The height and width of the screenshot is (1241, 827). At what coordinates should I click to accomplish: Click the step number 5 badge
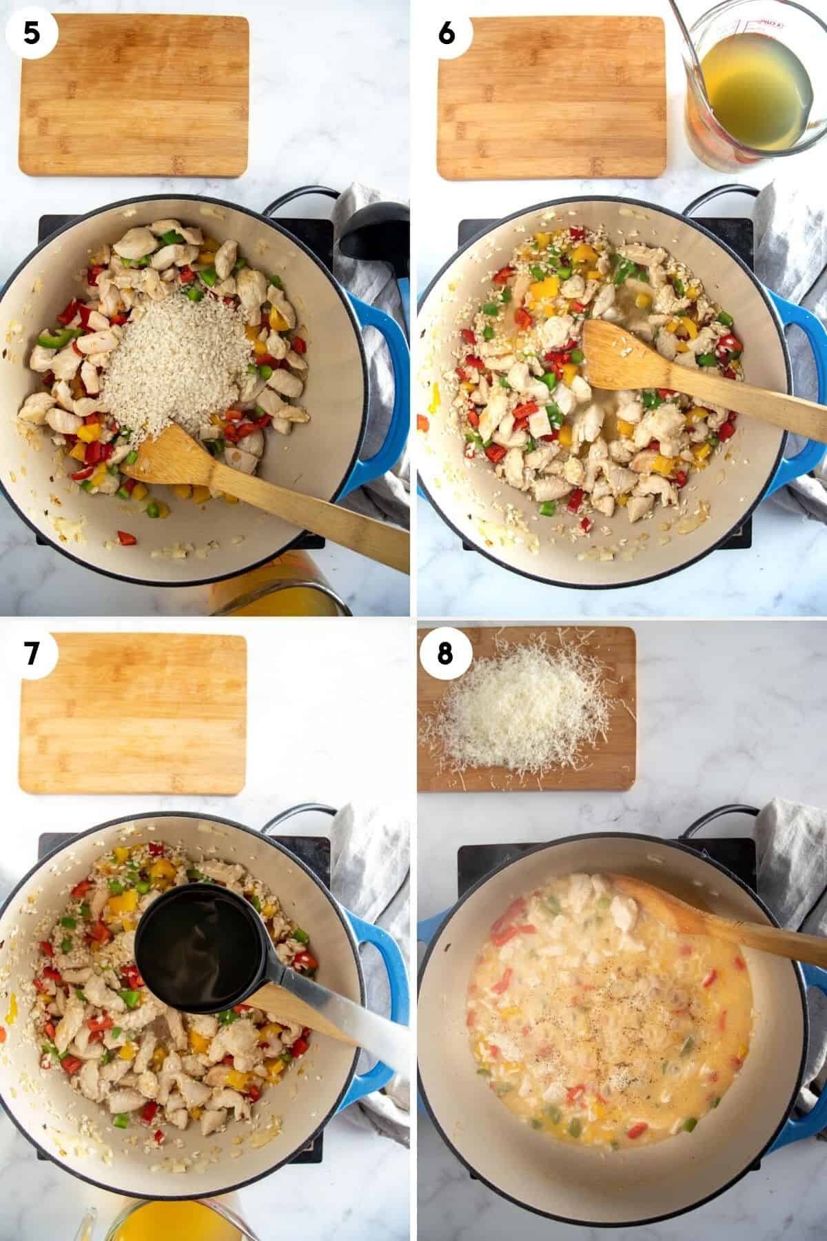tap(32, 32)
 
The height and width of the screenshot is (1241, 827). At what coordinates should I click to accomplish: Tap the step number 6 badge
tap(446, 32)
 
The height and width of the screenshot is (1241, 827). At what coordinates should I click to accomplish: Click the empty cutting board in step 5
tap(134, 97)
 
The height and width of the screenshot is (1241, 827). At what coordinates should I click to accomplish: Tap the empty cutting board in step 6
tap(551, 97)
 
